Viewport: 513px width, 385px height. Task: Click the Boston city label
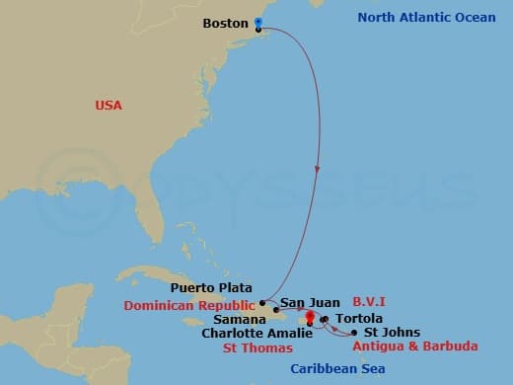point(226,23)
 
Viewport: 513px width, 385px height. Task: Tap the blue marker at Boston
point(258,23)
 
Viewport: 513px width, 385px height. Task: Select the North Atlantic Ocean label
point(419,18)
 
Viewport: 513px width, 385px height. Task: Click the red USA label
point(109,105)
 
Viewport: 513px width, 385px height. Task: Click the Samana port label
point(243,320)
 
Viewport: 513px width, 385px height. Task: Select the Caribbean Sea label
point(338,369)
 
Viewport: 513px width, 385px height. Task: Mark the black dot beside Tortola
point(324,319)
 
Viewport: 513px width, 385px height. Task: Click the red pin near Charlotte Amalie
point(310,318)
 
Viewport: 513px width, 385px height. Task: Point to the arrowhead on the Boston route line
point(318,170)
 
